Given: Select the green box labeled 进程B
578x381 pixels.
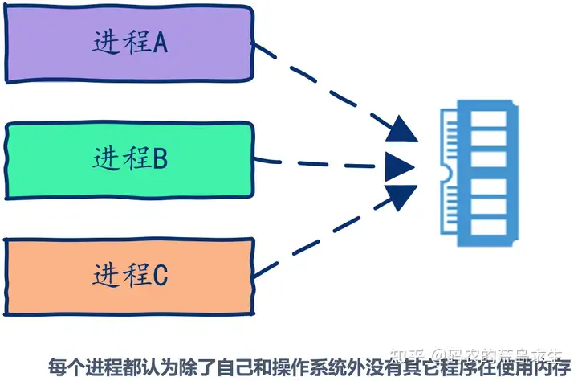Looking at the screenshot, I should [x=128, y=160].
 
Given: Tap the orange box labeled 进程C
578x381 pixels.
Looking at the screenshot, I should [x=128, y=276].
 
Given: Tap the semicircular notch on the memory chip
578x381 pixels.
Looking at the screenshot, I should [x=444, y=171].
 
